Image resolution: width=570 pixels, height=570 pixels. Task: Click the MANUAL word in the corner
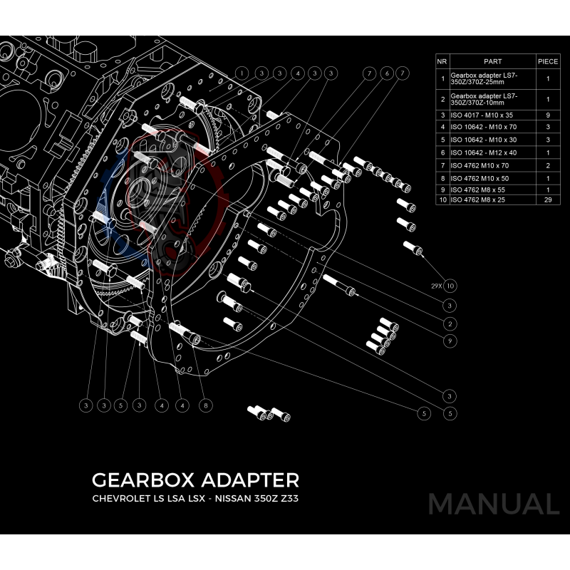(493, 504)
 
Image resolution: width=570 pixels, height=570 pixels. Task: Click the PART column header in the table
(492, 62)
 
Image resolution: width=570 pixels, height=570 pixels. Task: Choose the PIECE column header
(547, 62)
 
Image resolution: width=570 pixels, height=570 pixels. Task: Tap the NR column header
(442, 62)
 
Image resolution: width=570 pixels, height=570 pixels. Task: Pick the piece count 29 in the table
(547, 201)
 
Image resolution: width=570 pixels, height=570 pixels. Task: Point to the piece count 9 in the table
(547, 114)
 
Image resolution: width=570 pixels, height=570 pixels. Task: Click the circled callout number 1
(242, 73)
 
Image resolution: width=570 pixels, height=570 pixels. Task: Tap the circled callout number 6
(385, 73)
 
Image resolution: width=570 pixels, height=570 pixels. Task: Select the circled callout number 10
(450, 286)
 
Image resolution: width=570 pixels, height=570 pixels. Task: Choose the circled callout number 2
(450, 323)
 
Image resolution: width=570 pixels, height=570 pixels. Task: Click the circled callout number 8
(205, 405)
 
